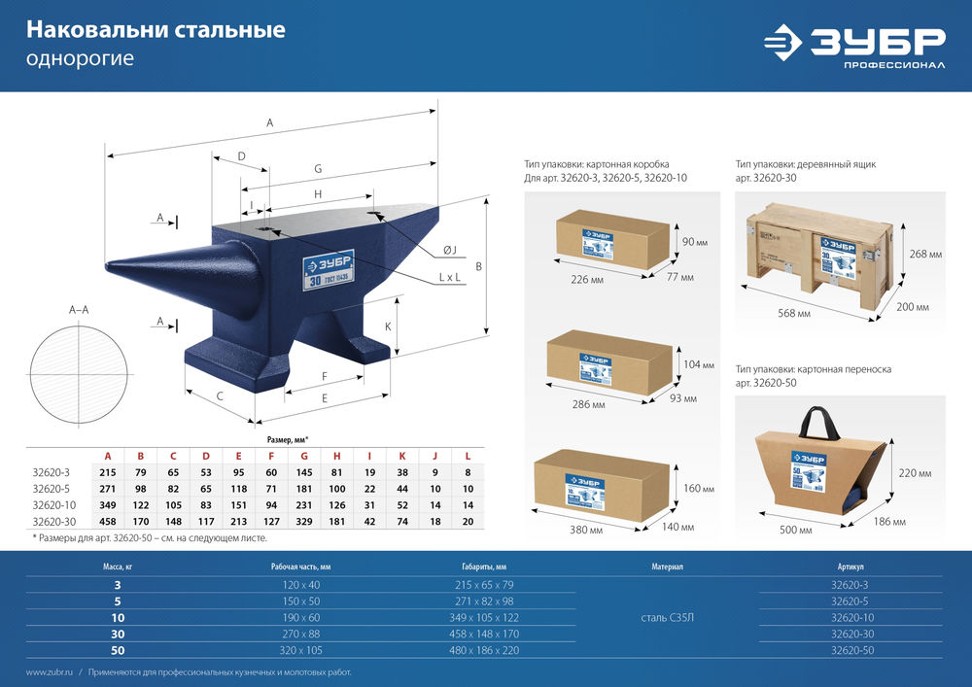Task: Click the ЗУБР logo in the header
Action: (x=853, y=45)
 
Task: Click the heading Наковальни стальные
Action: (x=156, y=30)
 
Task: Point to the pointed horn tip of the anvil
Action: (x=107, y=264)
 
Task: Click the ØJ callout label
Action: (x=449, y=251)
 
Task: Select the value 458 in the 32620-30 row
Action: (x=108, y=521)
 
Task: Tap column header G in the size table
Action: (x=304, y=456)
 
